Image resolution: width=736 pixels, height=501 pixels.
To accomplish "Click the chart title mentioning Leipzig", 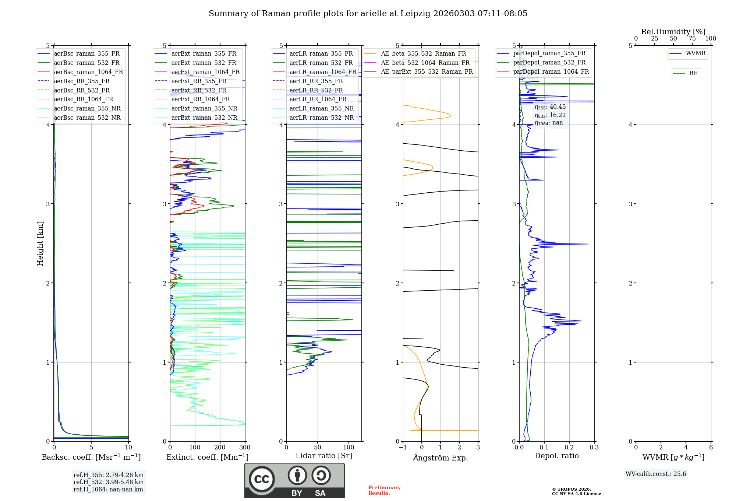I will [368, 14].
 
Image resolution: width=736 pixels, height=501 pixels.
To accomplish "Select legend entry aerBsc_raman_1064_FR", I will [88, 72].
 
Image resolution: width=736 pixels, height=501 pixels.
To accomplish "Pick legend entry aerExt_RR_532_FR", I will [199, 90].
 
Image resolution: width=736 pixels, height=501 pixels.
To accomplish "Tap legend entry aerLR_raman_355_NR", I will [321, 109].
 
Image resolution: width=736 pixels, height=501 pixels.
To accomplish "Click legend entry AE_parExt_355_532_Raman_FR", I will [427, 72].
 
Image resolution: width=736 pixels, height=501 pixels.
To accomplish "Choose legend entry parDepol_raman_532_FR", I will [549, 63].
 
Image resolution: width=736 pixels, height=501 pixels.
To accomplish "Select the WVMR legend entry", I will [695, 53].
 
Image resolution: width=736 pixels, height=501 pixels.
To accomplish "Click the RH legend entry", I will [693, 73].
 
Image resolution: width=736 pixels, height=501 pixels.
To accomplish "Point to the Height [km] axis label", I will [40, 243].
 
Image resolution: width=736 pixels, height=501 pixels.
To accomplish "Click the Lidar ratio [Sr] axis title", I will [324, 456].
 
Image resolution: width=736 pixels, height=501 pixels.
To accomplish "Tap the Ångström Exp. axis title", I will [440, 458].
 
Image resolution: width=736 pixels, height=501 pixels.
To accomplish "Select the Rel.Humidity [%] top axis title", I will [673, 32].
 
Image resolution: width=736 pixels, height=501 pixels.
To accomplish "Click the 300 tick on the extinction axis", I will [245, 448].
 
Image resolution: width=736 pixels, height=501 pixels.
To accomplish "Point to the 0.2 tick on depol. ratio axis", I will [569, 448].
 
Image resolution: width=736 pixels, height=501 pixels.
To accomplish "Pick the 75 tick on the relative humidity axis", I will [692, 39].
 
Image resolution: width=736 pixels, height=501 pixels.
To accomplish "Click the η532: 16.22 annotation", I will [550, 115].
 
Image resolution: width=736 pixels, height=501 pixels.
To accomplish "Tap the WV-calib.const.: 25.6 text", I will [656, 474].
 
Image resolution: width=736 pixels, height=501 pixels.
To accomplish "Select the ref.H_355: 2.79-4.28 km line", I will [109, 475].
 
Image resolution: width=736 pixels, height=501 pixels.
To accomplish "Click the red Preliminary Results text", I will [384, 490].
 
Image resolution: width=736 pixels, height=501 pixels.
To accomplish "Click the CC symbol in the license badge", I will [262, 479].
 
